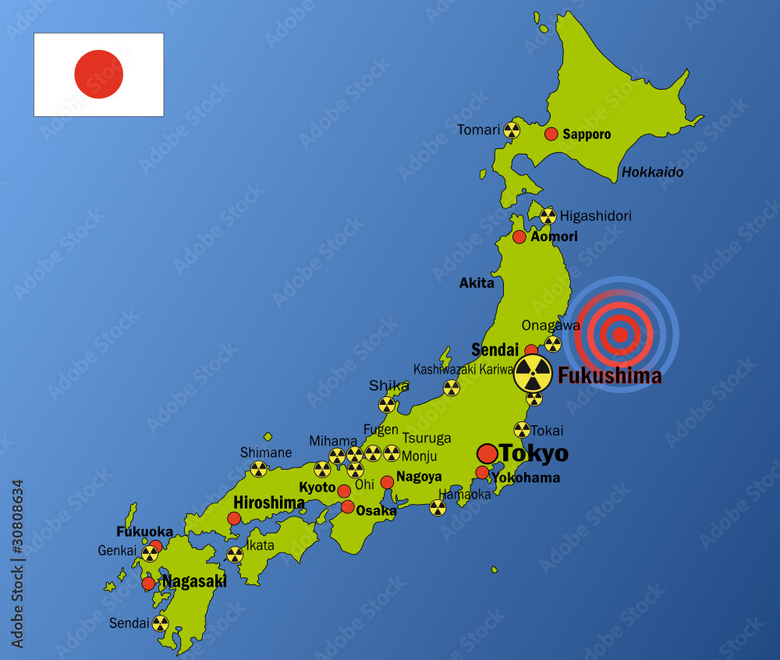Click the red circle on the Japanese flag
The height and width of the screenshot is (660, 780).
coord(99,74)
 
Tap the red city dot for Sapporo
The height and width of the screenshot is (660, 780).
coord(551,134)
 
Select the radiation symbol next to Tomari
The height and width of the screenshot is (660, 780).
coord(512,130)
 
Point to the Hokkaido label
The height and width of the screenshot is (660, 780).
coord(652,172)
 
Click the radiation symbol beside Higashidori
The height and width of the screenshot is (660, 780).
coord(548,216)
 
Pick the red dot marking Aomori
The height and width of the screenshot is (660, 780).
coord(519,236)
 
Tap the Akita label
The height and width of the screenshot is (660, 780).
coord(477,283)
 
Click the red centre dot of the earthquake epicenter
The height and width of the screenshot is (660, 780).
coord(620,335)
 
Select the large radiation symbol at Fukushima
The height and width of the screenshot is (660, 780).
coord(533,374)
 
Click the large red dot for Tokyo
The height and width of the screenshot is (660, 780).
coord(487,453)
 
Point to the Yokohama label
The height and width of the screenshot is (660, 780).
coord(526,477)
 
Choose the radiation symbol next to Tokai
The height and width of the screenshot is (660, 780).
coord(522,430)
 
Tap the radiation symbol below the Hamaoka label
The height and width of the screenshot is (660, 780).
coord(438,508)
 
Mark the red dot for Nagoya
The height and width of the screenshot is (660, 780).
coord(387,482)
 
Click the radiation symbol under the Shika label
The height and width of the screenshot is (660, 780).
coord(387,404)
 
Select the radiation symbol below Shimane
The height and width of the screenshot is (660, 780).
coord(258,469)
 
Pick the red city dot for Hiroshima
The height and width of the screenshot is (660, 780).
coord(234,518)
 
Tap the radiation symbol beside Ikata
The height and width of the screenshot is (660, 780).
coord(235,555)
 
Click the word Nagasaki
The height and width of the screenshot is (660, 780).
coord(194,581)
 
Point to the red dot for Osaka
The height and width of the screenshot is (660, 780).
coord(348,507)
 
